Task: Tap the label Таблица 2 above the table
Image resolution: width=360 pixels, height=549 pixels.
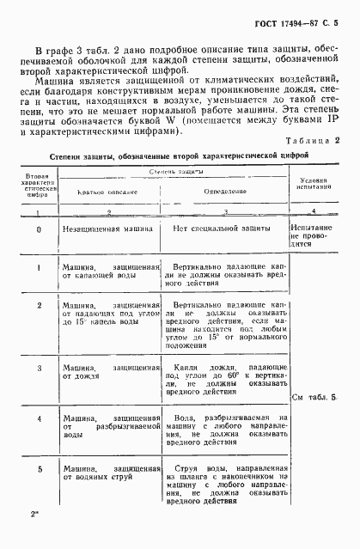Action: (x=313, y=139)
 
